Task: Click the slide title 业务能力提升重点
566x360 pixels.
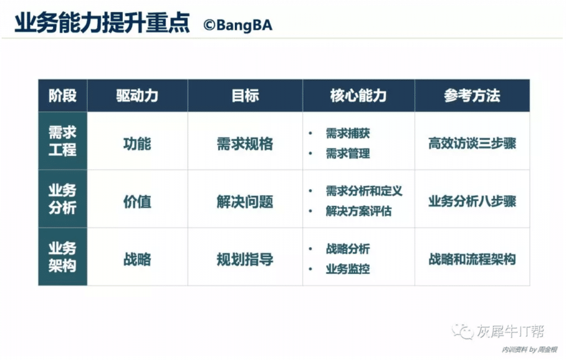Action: [102, 23]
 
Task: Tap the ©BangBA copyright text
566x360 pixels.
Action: [238, 25]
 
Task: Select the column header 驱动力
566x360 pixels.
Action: [137, 96]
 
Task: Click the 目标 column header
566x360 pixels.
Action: [245, 96]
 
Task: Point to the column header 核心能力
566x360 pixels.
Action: [358, 96]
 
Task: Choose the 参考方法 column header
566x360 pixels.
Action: [472, 96]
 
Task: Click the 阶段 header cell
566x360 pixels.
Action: [62, 96]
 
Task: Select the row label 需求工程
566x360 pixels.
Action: [62, 141]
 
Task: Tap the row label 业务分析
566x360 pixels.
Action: [62, 199]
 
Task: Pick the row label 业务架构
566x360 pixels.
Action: [62, 257]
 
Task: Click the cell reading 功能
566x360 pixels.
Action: [137, 144]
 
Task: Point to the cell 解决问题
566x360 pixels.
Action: [245, 201]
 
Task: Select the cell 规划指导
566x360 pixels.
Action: [245, 259]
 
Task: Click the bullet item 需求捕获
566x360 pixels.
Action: [348, 133]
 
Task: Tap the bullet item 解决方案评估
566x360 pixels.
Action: [358, 211]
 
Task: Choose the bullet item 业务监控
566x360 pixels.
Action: [348, 269]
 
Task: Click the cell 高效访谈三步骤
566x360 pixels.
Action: [472, 143]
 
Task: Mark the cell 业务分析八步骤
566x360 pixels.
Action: [472, 201]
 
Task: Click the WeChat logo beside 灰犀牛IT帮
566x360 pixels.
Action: [463, 331]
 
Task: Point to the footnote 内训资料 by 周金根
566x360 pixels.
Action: [529, 350]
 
